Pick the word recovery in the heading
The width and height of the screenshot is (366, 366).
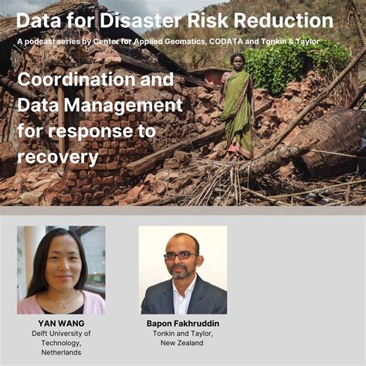click(58, 158)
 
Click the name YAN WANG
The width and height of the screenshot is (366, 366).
click(60, 323)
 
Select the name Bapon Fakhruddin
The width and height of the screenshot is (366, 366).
click(182, 323)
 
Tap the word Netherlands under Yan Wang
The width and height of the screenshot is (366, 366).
click(61, 352)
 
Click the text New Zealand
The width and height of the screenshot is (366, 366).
click(182, 342)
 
